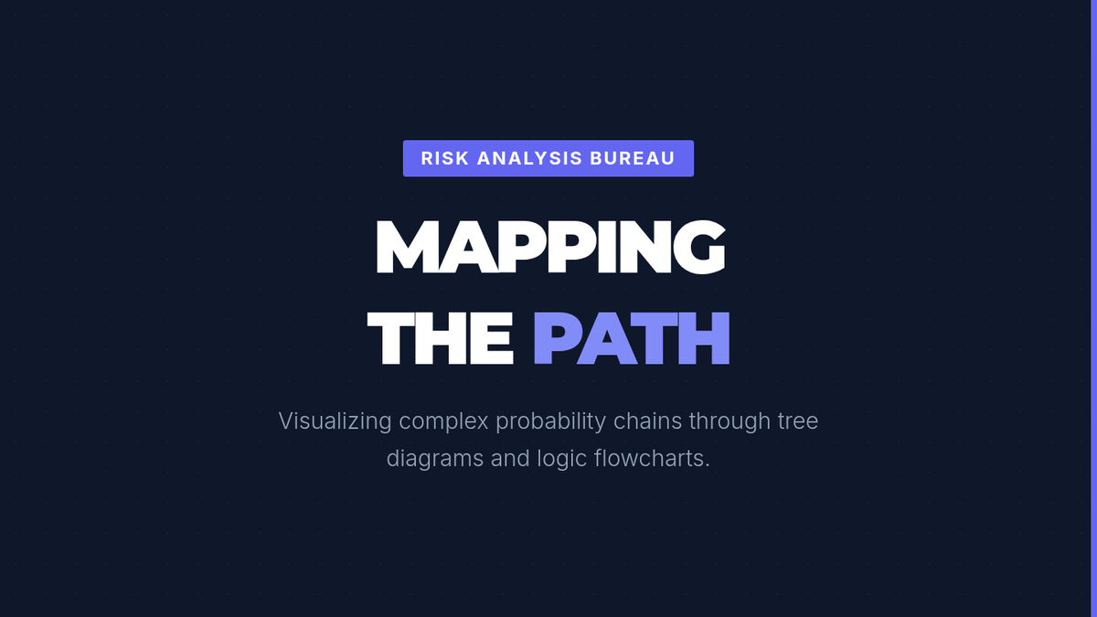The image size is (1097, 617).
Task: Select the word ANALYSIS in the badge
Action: [530, 158]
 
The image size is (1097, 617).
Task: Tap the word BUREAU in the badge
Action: [633, 158]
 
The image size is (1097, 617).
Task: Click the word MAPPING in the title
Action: [550, 247]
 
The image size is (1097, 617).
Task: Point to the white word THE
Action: [441, 338]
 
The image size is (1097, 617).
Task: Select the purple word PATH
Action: [632, 338]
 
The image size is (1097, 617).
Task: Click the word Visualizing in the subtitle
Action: [335, 421]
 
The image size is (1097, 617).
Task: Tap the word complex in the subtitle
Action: [443, 422]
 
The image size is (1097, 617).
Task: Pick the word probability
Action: [551, 422]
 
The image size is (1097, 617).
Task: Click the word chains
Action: [647, 421]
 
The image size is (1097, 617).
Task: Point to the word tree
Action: [798, 421]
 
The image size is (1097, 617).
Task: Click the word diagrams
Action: [435, 459]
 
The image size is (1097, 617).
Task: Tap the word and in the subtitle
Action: [510, 459]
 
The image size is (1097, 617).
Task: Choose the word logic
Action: [561, 459]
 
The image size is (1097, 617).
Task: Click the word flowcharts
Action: [649, 459]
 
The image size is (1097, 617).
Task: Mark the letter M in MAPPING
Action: [406, 247]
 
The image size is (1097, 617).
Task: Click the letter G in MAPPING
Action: [698, 247]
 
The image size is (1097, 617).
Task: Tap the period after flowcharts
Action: [707, 466]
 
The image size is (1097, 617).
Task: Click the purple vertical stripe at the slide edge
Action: [1094, 309]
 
